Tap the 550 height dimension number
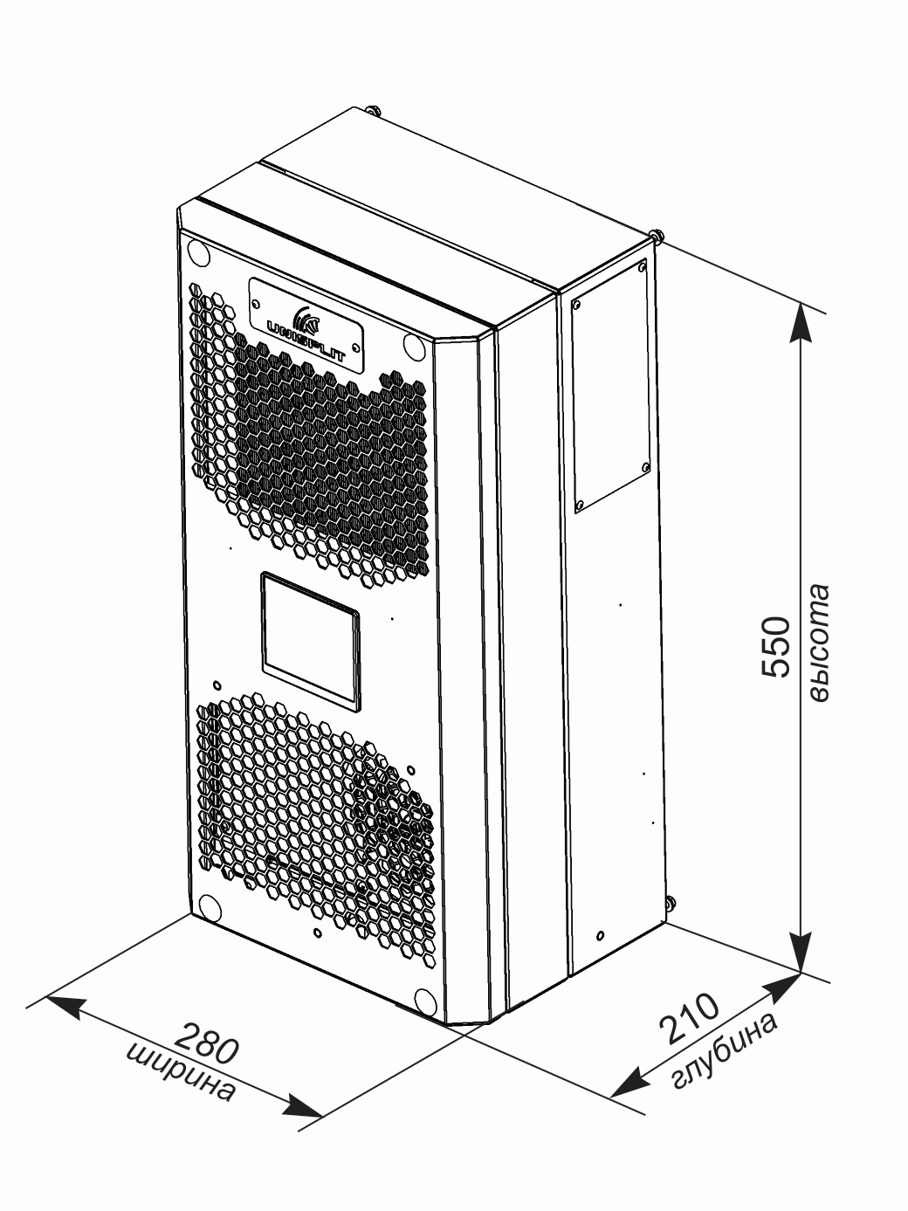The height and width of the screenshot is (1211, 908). pos(775,646)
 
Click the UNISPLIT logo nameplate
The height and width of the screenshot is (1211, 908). pos(306,320)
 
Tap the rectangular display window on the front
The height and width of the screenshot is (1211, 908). pos(311,641)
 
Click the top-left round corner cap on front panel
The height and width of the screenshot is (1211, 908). pos(198,251)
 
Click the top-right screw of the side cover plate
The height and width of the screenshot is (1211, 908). pos(642,267)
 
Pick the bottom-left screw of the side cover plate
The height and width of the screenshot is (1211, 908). pos(579,504)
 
